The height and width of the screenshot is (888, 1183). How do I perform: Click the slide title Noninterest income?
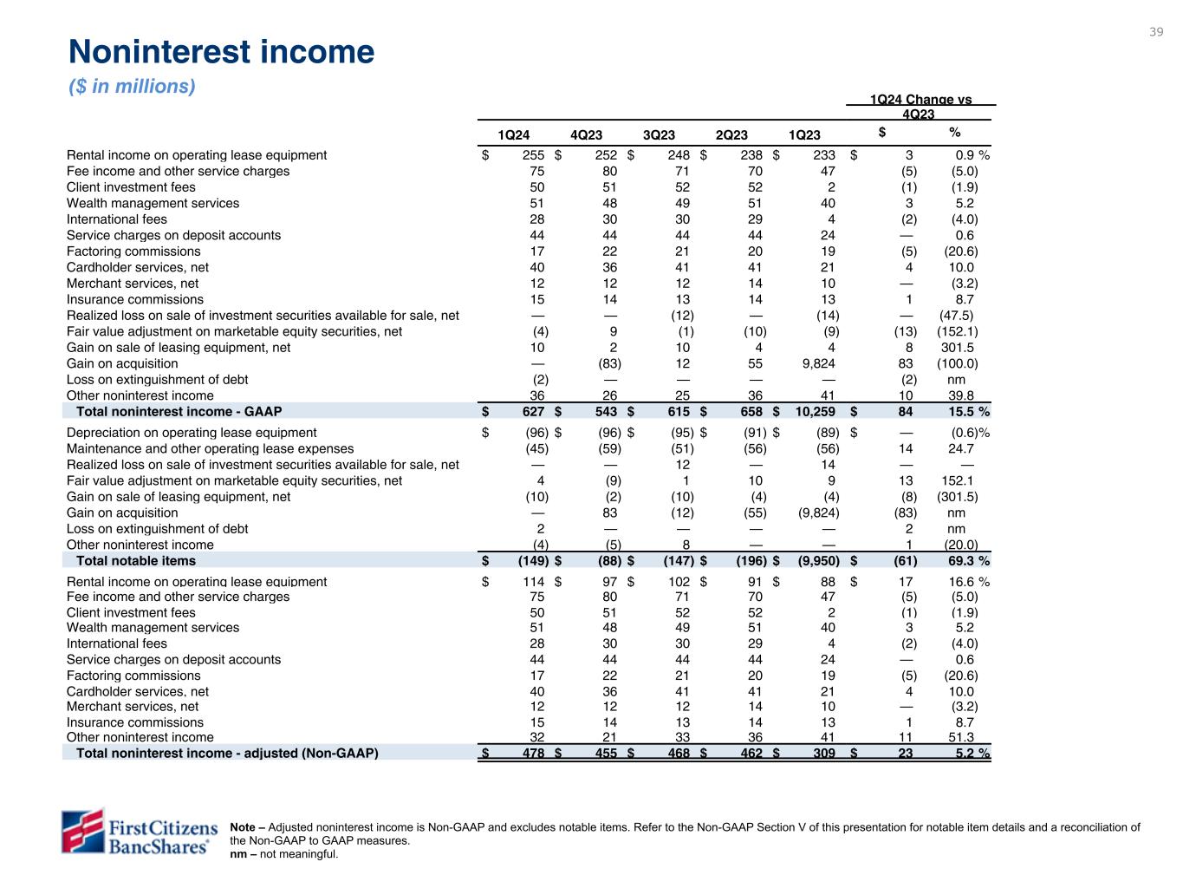point(221,52)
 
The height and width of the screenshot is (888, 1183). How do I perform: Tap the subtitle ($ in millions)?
point(132,87)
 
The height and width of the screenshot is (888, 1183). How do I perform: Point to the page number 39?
point(1156,32)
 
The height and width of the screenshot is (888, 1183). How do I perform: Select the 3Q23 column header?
point(659,134)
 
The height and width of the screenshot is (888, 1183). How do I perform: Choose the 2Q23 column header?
point(731,134)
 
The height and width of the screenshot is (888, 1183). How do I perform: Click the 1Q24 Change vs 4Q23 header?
point(920,107)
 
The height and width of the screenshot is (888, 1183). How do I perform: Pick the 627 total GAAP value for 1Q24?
point(534,411)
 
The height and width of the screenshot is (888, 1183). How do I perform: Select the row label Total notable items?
point(136,561)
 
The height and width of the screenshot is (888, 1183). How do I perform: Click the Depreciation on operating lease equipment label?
point(192,433)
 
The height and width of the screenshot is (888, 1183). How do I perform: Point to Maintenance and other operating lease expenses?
point(210,448)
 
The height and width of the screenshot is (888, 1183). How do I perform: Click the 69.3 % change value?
point(968,561)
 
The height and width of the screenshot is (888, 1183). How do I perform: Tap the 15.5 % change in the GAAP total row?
point(968,411)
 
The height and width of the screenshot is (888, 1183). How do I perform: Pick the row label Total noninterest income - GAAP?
point(179,411)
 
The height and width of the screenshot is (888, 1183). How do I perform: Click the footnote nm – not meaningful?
point(284,854)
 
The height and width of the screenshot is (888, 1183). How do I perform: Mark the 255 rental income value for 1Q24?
point(534,155)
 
